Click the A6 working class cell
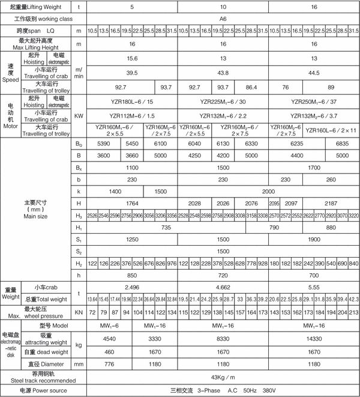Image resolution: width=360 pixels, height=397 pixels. [x=223, y=19]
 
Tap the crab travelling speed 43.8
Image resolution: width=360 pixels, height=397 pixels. [x=223, y=72]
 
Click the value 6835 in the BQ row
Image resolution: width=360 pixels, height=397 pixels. [x=340, y=145]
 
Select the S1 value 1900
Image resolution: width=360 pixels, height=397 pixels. [x=315, y=239]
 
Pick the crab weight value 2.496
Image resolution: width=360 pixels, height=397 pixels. [x=133, y=288]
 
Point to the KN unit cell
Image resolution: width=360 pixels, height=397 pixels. [x=78, y=313]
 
